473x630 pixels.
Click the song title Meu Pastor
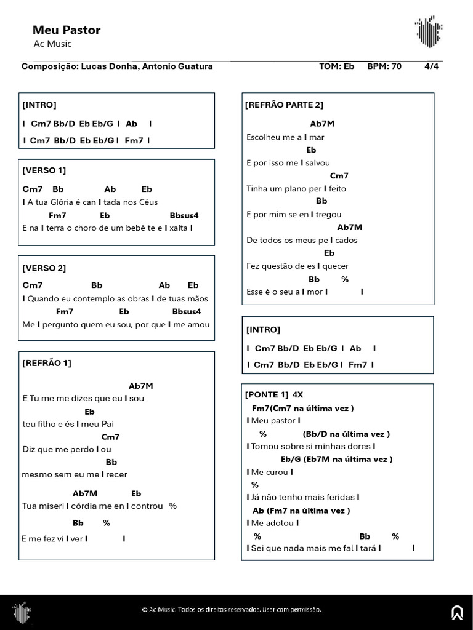pos(66,30)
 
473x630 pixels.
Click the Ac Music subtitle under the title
pos(52,44)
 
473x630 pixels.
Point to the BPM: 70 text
pos(384,66)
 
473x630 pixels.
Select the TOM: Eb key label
pos(337,66)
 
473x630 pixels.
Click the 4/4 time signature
pos(431,66)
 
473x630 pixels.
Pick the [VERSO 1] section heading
pos(44,170)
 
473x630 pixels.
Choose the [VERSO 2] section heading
pos(44,268)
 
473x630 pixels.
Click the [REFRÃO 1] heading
pos(46,363)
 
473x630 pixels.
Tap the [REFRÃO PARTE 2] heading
pos(284,105)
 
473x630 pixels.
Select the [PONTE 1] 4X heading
pos(274,394)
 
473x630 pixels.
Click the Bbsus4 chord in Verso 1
pos(184,215)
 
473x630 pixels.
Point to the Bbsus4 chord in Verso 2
pos(187,311)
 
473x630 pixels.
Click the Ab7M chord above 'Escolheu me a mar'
pos(322,124)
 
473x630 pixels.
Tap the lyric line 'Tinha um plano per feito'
pos(296,189)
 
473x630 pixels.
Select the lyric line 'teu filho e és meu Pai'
pos(68,424)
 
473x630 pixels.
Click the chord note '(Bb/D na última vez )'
pos(346,434)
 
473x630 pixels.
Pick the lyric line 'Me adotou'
pos(273,523)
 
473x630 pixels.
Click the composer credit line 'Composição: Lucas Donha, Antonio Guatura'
pos(117,66)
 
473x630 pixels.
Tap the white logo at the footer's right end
pos(457,612)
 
